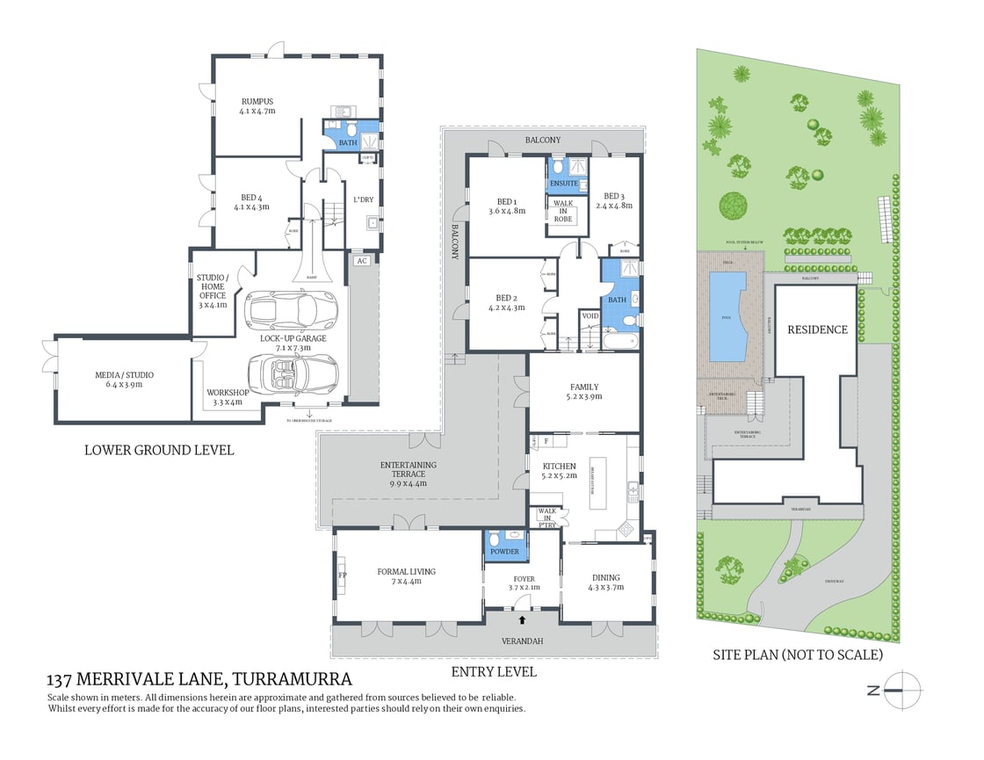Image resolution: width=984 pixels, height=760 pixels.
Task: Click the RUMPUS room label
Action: point(257,101)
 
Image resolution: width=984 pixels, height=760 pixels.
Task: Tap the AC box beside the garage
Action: point(361,261)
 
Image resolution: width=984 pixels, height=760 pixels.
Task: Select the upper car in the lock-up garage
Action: point(291,308)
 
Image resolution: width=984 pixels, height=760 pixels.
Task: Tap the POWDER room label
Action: point(505,552)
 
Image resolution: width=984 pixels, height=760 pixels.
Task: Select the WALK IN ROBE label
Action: point(562,211)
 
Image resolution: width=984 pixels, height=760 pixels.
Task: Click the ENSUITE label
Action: point(563,184)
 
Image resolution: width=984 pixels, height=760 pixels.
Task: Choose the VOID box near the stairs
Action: point(590,316)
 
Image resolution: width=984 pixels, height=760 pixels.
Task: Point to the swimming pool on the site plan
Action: point(727,317)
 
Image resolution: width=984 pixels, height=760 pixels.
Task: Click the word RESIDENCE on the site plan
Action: point(817,329)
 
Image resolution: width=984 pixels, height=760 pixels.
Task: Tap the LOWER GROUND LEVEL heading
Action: point(159,450)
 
